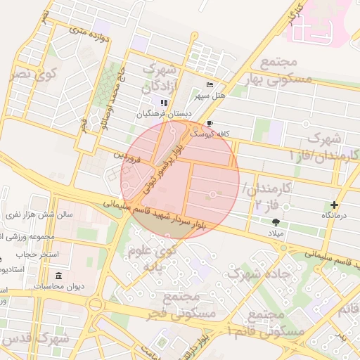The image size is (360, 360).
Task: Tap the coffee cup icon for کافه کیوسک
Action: click(x=210, y=123)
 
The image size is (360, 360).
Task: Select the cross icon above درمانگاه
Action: click(x=334, y=205)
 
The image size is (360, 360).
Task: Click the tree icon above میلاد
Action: click(x=274, y=222)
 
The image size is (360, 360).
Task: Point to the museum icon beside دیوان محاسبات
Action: click(x=57, y=274)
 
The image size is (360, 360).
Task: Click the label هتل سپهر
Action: click(x=210, y=94)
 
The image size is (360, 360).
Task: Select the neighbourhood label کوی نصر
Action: click(x=34, y=72)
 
